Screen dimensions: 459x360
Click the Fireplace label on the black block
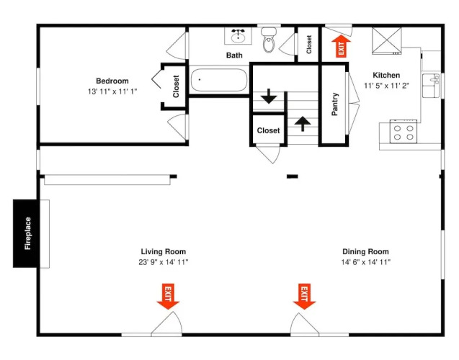(x=28, y=233)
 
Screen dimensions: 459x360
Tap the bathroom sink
(x=238, y=36)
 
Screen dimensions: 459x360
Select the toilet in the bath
(x=269, y=40)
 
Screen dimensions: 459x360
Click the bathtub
(x=219, y=80)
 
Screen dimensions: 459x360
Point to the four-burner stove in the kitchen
(x=404, y=132)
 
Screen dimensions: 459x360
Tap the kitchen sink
(x=431, y=86)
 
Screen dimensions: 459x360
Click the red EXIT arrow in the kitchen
(x=341, y=46)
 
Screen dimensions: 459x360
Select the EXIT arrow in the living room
(x=168, y=296)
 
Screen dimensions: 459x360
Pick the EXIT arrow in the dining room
(x=304, y=296)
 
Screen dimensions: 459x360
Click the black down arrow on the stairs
(x=269, y=96)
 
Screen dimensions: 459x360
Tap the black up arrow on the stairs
(x=303, y=124)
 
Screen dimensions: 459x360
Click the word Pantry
(x=335, y=104)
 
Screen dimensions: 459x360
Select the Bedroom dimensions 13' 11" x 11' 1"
(x=112, y=91)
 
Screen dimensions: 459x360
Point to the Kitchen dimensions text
(x=386, y=86)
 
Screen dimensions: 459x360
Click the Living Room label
(x=164, y=251)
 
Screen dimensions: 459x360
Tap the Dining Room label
(x=365, y=251)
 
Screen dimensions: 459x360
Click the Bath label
(x=234, y=55)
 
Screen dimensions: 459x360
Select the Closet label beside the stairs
(x=268, y=130)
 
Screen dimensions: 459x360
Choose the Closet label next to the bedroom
(x=176, y=86)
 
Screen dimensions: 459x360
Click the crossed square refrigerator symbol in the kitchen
(x=387, y=40)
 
